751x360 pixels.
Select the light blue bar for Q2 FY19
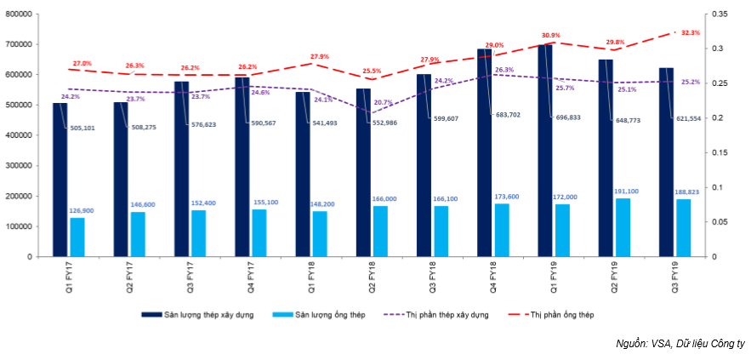point(623,227)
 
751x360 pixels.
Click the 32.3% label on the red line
point(691,32)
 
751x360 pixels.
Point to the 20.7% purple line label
point(383,102)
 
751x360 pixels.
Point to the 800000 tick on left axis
point(18,14)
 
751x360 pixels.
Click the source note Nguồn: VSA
point(680,344)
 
